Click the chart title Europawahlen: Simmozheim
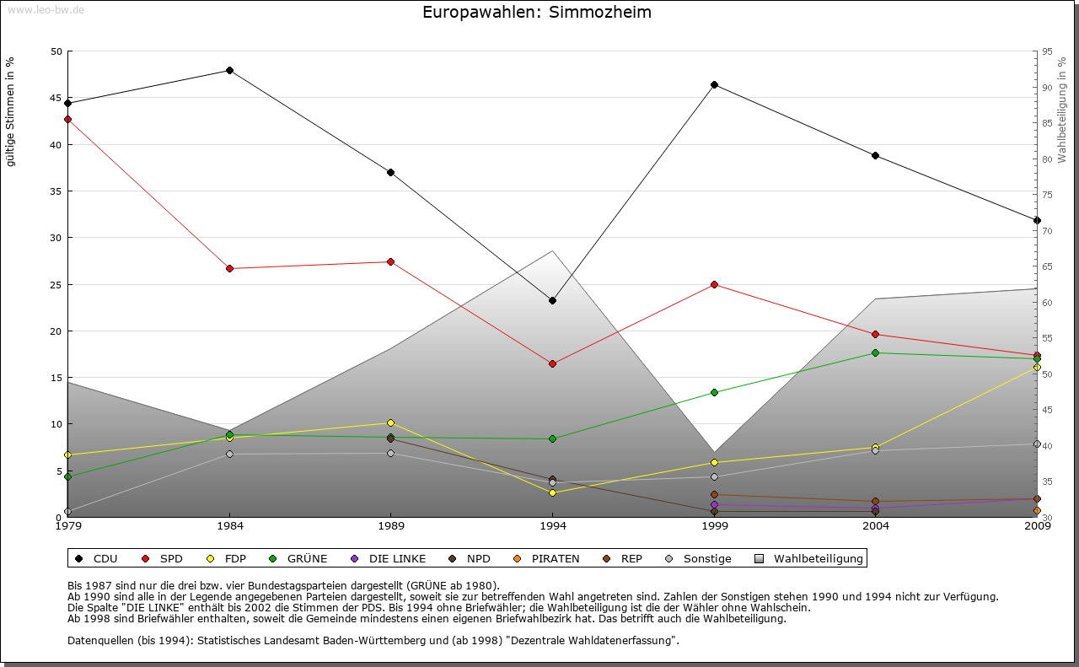point(537,13)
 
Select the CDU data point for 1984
point(229,70)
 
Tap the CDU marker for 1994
point(552,300)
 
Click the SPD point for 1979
point(67,119)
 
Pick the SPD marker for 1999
point(714,284)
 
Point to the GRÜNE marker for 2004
point(875,352)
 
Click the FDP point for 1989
point(390,422)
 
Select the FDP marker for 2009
point(1037,368)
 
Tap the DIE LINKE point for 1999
point(714,504)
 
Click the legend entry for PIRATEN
point(555,558)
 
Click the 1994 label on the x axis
point(553,526)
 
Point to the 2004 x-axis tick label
point(876,526)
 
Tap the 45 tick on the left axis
point(56,98)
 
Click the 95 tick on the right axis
point(1047,51)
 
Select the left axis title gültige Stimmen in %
point(11,111)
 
